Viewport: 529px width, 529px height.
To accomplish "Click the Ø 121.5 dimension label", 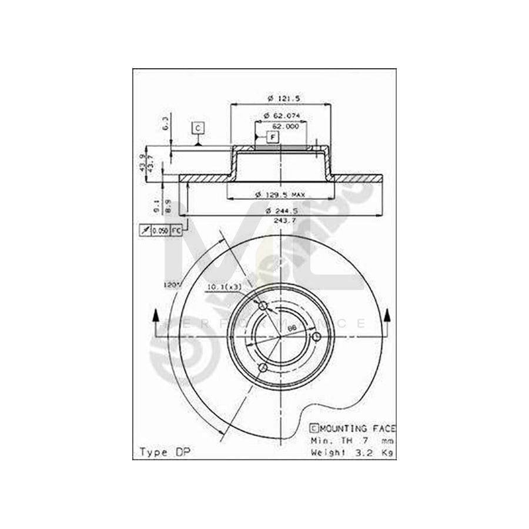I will (281, 98).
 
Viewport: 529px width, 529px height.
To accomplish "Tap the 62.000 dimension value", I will (284, 125).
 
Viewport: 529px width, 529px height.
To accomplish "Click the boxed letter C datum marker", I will (198, 128).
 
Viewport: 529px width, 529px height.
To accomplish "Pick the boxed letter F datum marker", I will (273, 137).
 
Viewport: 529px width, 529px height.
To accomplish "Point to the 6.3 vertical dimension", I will (166, 124).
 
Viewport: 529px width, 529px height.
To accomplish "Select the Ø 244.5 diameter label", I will (280, 210).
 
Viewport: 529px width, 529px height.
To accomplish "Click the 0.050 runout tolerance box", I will (160, 231).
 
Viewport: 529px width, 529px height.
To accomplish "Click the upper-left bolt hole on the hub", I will (263, 306).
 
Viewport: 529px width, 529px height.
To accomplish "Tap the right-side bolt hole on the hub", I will (316, 336).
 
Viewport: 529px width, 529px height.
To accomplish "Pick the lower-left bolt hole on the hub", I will (263, 367).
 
